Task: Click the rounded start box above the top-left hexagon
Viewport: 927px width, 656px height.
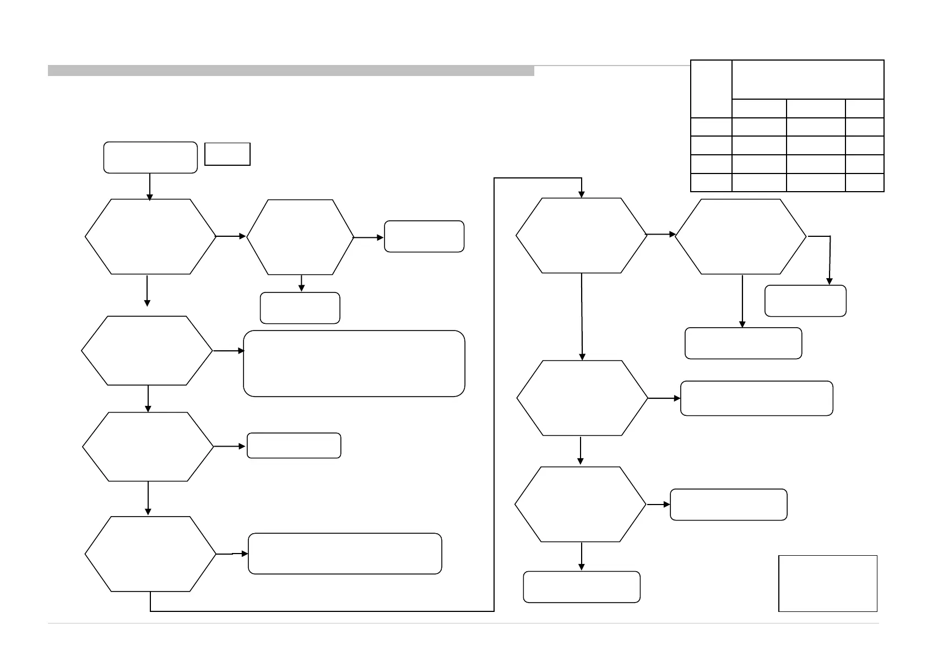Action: (x=150, y=158)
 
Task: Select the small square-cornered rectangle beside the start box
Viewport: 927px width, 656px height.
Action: (x=227, y=154)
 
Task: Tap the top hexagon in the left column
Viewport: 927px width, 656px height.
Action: (x=150, y=236)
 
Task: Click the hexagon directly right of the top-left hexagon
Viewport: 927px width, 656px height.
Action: (x=300, y=237)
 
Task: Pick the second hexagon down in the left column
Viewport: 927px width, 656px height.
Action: (x=147, y=350)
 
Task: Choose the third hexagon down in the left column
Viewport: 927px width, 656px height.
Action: (x=148, y=446)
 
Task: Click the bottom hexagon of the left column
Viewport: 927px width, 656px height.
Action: (x=150, y=554)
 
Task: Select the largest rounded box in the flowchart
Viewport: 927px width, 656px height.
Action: (x=354, y=364)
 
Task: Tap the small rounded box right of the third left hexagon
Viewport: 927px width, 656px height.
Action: (x=294, y=446)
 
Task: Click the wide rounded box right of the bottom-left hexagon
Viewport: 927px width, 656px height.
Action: (x=345, y=554)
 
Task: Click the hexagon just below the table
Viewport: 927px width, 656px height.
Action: (x=741, y=236)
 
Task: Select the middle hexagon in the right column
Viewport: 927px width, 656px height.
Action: (x=582, y=398)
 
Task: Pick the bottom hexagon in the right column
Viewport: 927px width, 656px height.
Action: (x=581, y=504)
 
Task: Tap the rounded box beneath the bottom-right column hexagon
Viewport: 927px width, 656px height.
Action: (x=582, y=587)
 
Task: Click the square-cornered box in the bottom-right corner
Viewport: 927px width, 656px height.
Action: (x=827, y=583)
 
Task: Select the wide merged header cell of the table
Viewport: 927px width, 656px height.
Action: (x=807, y=80)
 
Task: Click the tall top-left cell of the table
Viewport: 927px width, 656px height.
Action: (x=711, y=89)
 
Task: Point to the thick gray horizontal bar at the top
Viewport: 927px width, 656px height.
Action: (x=291, y=71)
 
